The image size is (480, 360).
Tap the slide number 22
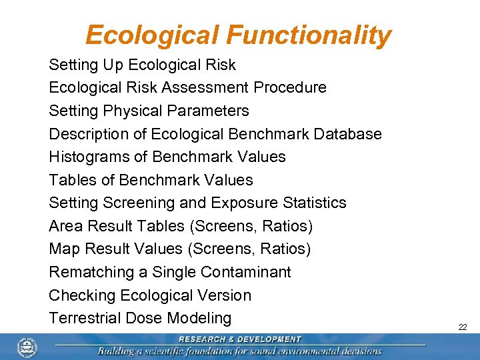pyautogui.click(x=462, y=327)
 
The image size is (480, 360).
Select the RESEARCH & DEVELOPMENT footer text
pyautogui.click(x=240, y=339)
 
